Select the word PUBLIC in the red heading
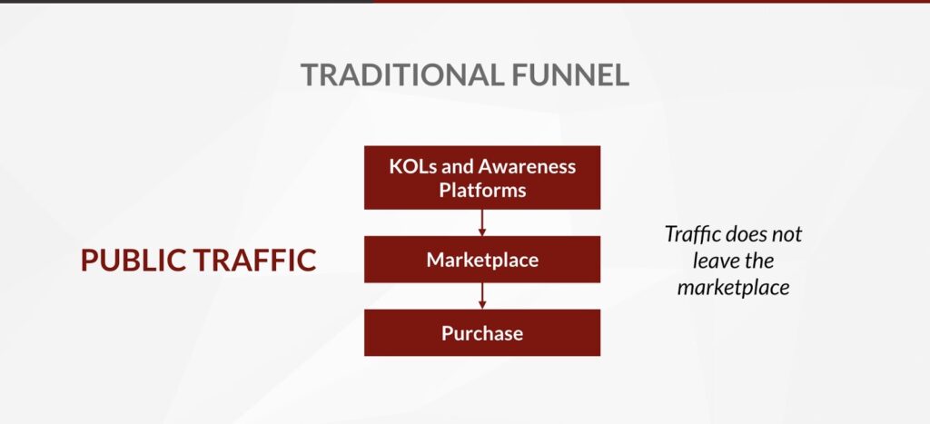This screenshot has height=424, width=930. coord(132,261)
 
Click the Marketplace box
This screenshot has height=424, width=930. coord(482,260)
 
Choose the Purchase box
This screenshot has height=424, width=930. coord(482,332)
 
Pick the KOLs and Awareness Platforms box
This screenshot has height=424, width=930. coord(482,177)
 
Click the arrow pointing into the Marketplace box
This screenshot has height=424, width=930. coord(482,222)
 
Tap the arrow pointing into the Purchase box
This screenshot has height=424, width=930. coord(482,296)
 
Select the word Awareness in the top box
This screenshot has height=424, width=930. coord(527,166)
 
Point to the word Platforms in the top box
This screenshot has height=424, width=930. coord(482,191)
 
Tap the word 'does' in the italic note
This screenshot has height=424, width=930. coord(745,233)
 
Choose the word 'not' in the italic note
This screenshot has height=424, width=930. coord(787,235)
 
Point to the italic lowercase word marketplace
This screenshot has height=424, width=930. coord(733,288)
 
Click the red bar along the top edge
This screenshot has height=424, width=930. coord(651,1)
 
